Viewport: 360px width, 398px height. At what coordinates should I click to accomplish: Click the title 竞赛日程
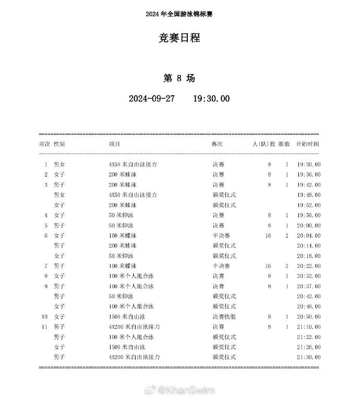[x=179, y=38]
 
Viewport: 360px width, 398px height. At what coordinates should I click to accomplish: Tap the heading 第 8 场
[x=179, y=78]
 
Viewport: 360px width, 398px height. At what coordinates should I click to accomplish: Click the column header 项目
[x=114, y=144]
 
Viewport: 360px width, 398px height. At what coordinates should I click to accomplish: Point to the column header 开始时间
[x=307, y=144]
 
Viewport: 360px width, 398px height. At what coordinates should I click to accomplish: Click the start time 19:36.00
[x=309, y=174]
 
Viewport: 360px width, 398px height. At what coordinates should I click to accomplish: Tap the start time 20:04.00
[x=309, y=236]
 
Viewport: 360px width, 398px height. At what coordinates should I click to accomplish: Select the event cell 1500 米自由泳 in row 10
[x=127, y=317]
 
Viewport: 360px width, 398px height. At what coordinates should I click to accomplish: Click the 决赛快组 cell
[x=224, y=317]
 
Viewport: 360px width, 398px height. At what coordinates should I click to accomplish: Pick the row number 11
[x=45, y=326]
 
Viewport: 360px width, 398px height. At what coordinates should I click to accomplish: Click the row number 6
[x=46, y=236]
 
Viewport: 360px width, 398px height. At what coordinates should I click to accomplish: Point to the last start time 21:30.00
[x=309, y=357]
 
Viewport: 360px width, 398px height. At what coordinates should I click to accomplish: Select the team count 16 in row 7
[x=268, y=266]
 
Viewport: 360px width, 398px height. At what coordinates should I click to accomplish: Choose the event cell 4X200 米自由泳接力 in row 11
[x=134, y=326]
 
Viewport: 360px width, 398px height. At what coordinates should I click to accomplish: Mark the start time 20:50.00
[x=309, y=317]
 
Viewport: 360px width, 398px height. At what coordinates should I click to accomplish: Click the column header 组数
[x=284, y=144]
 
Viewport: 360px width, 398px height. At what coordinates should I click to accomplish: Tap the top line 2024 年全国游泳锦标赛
[x=179, y=14]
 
